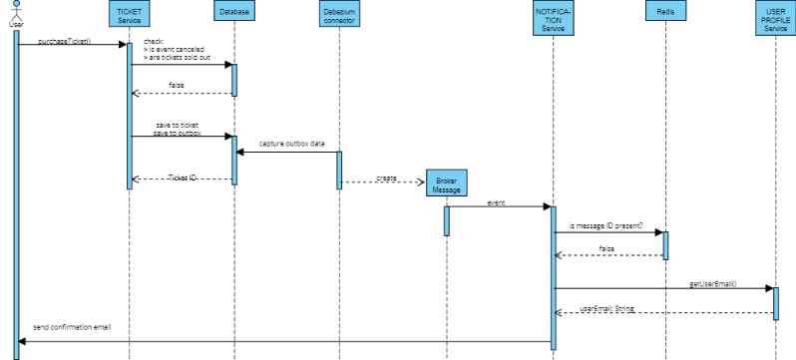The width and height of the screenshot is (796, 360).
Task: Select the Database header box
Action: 234,12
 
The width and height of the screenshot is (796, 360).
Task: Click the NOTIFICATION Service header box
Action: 554,17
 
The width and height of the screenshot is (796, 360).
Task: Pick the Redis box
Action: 665,12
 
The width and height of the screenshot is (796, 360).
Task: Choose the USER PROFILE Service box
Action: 775,17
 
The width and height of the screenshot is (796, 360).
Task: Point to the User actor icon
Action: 16,12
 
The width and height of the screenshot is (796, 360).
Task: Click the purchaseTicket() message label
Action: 64,40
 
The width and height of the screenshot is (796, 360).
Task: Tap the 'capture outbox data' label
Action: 292,144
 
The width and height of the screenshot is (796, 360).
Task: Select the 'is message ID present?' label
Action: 604,225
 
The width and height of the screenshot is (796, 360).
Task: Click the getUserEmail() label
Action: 713,283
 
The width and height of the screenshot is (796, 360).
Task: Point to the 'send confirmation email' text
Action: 72,326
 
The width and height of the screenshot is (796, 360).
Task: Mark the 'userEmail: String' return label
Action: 605,309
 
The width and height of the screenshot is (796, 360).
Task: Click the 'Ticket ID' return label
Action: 183,177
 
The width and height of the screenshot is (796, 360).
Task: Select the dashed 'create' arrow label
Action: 386,177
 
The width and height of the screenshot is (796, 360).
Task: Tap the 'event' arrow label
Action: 496,202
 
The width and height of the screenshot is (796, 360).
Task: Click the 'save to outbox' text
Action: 179,133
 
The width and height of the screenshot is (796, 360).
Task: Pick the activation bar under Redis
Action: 665,245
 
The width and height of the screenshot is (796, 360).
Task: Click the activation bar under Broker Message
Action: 447,219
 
